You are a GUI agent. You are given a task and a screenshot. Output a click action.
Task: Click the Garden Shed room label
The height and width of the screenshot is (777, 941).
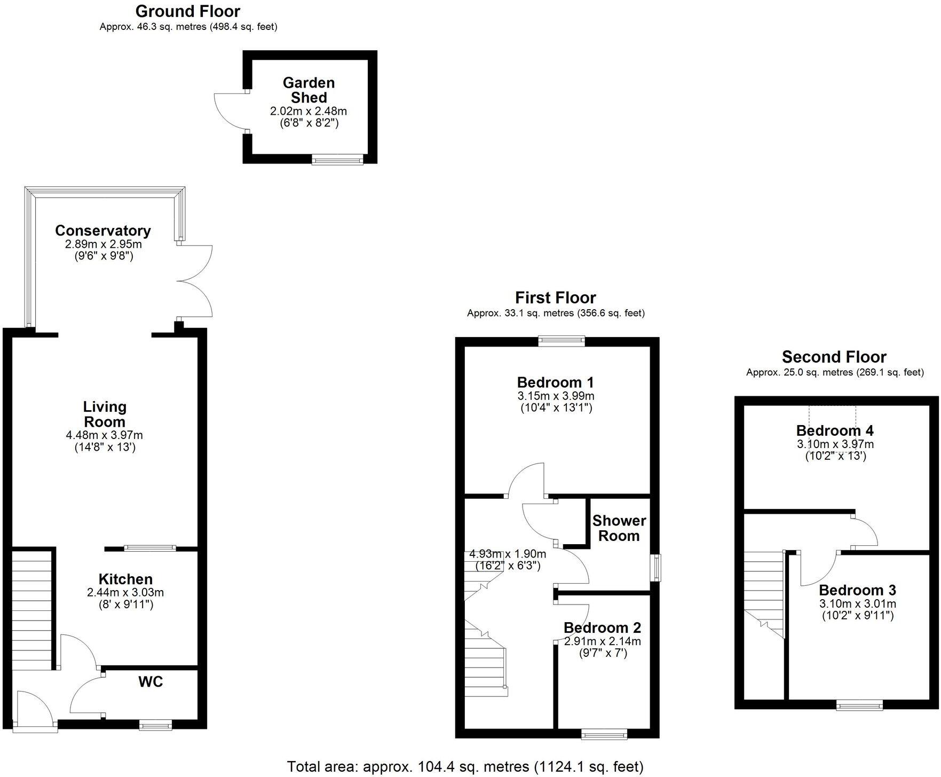tap(309, 90)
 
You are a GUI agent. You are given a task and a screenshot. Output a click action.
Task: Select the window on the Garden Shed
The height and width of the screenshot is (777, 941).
tap(337, 159)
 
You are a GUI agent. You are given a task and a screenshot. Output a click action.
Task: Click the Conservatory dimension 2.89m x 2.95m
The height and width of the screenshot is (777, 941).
tap(104, 244)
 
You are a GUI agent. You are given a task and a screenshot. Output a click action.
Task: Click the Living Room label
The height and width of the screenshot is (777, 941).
tap(105, 414)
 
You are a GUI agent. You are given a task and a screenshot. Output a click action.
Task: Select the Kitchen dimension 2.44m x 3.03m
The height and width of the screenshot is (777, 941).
tap(125, 592)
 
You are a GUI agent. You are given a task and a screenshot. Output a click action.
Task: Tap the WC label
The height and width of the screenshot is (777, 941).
tap(151, 682)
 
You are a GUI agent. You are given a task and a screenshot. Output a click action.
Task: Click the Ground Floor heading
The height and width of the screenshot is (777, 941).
tap(188, 11)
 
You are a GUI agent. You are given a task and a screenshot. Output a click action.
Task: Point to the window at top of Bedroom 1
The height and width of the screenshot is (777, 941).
tap(562, 341)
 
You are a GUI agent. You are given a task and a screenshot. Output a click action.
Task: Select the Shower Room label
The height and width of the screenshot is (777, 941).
tap(619, 528)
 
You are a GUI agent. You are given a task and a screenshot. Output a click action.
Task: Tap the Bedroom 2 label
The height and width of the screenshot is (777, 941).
tap(602, 627)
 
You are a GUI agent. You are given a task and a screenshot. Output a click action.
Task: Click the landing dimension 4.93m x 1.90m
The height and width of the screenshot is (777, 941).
tap(507, 554)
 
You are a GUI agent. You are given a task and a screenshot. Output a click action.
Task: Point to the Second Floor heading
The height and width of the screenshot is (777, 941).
tap(834, 357)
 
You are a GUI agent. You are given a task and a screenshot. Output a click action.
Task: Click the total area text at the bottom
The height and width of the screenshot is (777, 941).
tap(465, 767)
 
